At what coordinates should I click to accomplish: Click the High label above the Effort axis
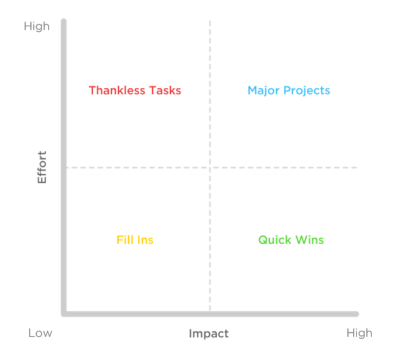pos(37,27)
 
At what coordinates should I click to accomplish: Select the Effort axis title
pos(42,167)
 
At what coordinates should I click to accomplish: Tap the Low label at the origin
pos(41,333)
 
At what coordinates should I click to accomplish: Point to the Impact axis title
pos(208,333)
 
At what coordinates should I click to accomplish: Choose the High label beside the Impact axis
pos(359,333)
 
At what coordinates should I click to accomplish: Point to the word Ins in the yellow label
pos(145,240)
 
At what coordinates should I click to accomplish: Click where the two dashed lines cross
pos(210,167)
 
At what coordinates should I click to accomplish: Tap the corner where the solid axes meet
pos(64,314)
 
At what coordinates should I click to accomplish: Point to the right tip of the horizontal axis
pos(359,314)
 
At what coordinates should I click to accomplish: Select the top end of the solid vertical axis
pos(64,20)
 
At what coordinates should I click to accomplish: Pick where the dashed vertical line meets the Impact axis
pos(210,313)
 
